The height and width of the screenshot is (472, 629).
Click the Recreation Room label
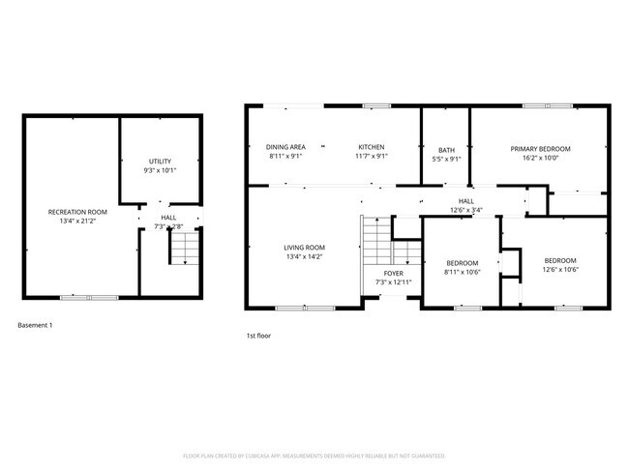pos(77,211)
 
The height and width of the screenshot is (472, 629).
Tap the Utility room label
pos(160,161)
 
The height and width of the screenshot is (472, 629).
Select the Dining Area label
pos(285,147)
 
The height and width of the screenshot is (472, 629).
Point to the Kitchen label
pos(373,147)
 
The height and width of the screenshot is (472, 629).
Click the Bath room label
pos(446,150)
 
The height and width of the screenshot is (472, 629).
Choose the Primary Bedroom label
pos(541,149)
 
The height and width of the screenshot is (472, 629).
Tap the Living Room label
pos(304,248)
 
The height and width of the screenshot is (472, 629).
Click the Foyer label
pos(394,274)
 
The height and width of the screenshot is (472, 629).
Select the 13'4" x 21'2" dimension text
pos(77,220)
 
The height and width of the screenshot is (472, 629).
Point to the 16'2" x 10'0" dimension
pos(541,158)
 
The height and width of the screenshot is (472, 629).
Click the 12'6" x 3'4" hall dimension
pos(466,210)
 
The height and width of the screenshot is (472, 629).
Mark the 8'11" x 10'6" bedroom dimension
pos(462,273)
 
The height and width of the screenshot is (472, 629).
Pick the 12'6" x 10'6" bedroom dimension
pos(559,270)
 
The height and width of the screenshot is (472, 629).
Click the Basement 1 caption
pos(36,325)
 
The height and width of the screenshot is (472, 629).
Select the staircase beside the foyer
pos(374,241)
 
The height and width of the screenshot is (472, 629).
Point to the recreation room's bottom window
pos(75,297)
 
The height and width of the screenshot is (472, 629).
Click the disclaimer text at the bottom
pos(314,455)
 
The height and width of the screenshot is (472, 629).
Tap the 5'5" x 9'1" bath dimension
pos(446,159)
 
